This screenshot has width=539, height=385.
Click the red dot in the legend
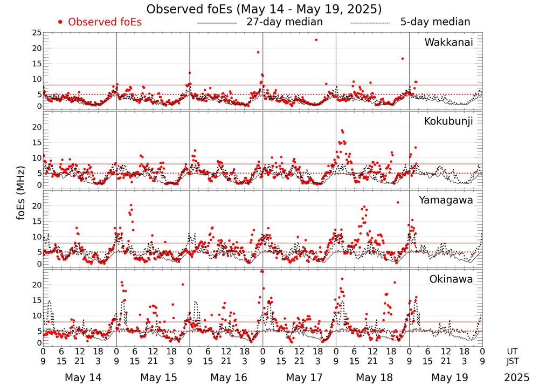click(60, 22)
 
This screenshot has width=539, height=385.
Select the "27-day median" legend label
click(284, 22)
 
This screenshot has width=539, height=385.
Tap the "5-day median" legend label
click(435, 22)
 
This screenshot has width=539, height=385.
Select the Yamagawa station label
click(446, 200)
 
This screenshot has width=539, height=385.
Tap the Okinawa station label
click(451, 279)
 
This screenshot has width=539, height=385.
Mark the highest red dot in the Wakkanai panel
click(316, 40)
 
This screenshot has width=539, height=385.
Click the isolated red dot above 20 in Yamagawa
click(398, 202)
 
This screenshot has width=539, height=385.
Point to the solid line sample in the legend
click(217, 23)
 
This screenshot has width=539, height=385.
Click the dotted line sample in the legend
click(370, 23)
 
